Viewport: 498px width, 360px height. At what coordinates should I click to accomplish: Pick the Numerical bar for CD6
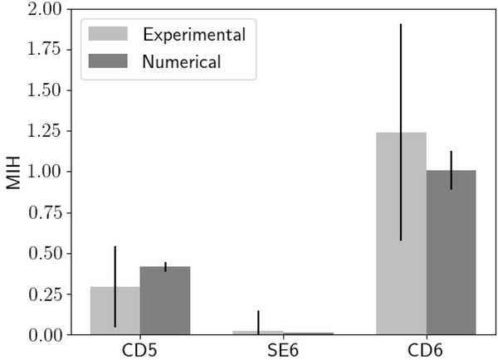pyautogui.click(x=451, y=265)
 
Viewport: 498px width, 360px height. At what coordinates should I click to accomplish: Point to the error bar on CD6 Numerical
pyautogui.click(x=451, y=162)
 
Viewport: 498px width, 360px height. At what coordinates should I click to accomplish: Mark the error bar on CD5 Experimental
pyautogui.click(x=115, y=265)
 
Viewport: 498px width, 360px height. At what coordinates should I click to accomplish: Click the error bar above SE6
pyautogui.click(x=258, y=319)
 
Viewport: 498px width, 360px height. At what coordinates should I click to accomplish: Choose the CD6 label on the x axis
pyautogui.click(x=426, y=350)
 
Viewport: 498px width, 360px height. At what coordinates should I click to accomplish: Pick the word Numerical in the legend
pyautogui.click(x=182, y=61)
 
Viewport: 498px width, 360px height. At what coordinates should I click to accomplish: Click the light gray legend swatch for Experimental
pyautogui.click(x=108, y=34)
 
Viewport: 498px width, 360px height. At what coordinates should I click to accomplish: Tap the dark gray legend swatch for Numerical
pyautogui.click(x=108, y=61)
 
